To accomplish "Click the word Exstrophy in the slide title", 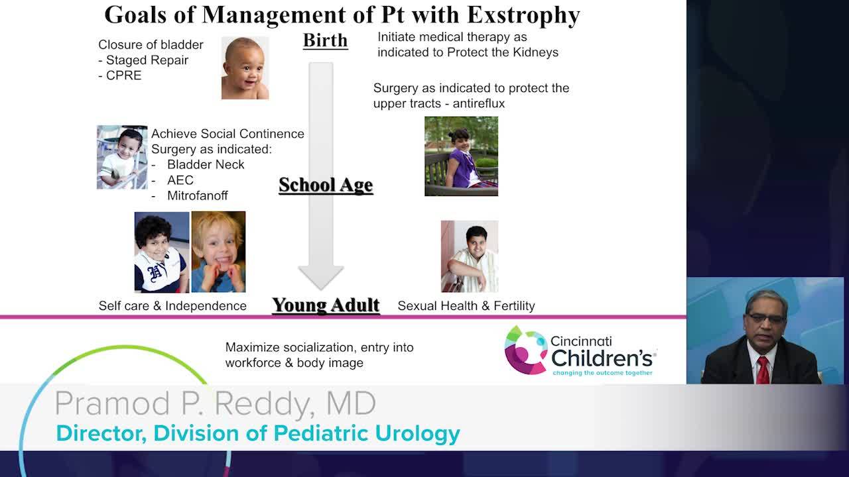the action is pos(523,15).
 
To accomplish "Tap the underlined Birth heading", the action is pos(325,40).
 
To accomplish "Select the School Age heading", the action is pos(326,185).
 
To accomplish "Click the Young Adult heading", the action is pos(326,305).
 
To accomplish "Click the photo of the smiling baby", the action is pos(245,68).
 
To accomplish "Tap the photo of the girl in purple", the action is pos(461,156).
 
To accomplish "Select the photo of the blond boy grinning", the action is pos(218,252).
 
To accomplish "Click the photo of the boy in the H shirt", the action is pos(162,252).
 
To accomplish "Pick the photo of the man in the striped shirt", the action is pos(470,256).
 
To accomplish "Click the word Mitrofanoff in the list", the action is pos(198,195).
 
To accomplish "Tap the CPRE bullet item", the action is pos(120,76).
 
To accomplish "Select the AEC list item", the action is pos(180,180).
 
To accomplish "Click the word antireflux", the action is pos(479,103).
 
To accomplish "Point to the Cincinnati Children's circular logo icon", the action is pos(525,350).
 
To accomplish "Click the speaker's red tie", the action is pos(763,370).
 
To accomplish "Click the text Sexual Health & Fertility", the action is pos(466,306).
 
